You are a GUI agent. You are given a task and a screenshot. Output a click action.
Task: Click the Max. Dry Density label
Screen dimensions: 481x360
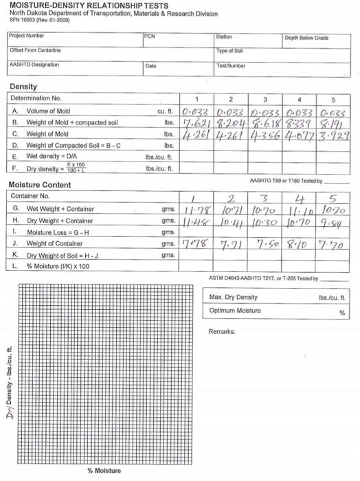[x=233, y=297]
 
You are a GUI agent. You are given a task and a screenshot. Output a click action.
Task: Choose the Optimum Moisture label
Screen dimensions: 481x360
[x=234, y=311]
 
